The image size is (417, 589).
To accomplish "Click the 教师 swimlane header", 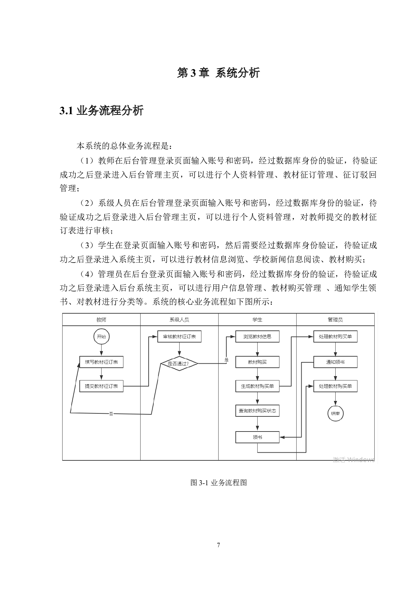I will pyautogui.click(x=101, y=320).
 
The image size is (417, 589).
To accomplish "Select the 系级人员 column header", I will pyautogui.click(x=179, y=320).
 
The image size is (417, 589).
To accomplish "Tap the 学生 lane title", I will pyautogui.click(x=257, y=320).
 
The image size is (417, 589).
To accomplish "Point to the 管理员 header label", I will pyautogui.click(x=335, y=320).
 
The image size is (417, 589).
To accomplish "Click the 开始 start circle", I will pyautogui.click(x=101, y=336).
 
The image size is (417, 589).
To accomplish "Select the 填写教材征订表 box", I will pyautogui.click(x=101, y=362).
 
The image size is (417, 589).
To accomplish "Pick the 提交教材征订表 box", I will pyautogui.click(x=101, y=386).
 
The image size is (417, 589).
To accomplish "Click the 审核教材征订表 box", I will pyautogui.click(x=179, y=336).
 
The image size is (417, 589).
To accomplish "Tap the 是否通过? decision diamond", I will pyautogui.click(x=179, y=363).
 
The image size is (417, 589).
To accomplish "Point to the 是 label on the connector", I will pyautogui.click(x=226, y=360).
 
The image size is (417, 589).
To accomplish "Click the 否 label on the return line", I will pyautogui.click(x=111, y=414).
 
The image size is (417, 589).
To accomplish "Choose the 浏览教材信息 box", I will pyautogui.click(x=257, y=336).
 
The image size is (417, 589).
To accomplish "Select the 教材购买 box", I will pyautogui.click(x=257, y=362).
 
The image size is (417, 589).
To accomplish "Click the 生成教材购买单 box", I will pyautogui.click(x=257, y=386).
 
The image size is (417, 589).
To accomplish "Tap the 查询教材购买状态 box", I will pyautogui.click(x=257, y=411).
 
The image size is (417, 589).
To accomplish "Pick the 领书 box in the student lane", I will pyautogui.click(x=257, y=437).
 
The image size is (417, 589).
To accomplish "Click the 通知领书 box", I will pyautogui.click(x=335, y=362).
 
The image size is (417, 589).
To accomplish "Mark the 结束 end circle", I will pyautogui.click(x=335, y=413).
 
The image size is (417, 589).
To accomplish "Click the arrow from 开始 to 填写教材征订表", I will pyautogui.click(x=101, y=350).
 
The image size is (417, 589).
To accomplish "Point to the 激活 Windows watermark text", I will pyautogui.click(x=353, y=460).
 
